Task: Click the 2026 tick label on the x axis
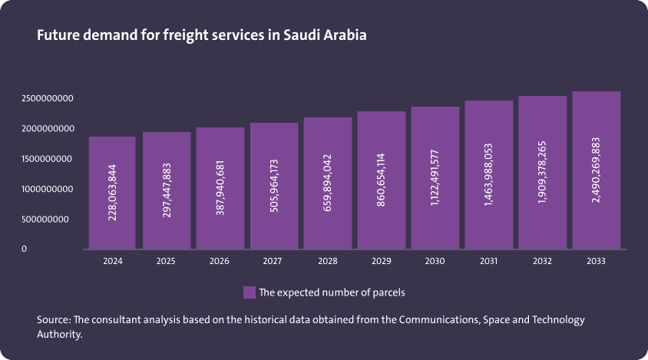coord(220,261)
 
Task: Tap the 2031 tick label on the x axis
coord(488,261)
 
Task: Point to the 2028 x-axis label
coord(327,261)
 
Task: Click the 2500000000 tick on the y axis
coord(47,99)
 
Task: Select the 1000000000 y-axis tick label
coord(47,189)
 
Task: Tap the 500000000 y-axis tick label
coord(49,220)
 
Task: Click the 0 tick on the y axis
coord(24,249)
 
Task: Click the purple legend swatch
coord(249,292)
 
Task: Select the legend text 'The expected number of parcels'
coord(332,292)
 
